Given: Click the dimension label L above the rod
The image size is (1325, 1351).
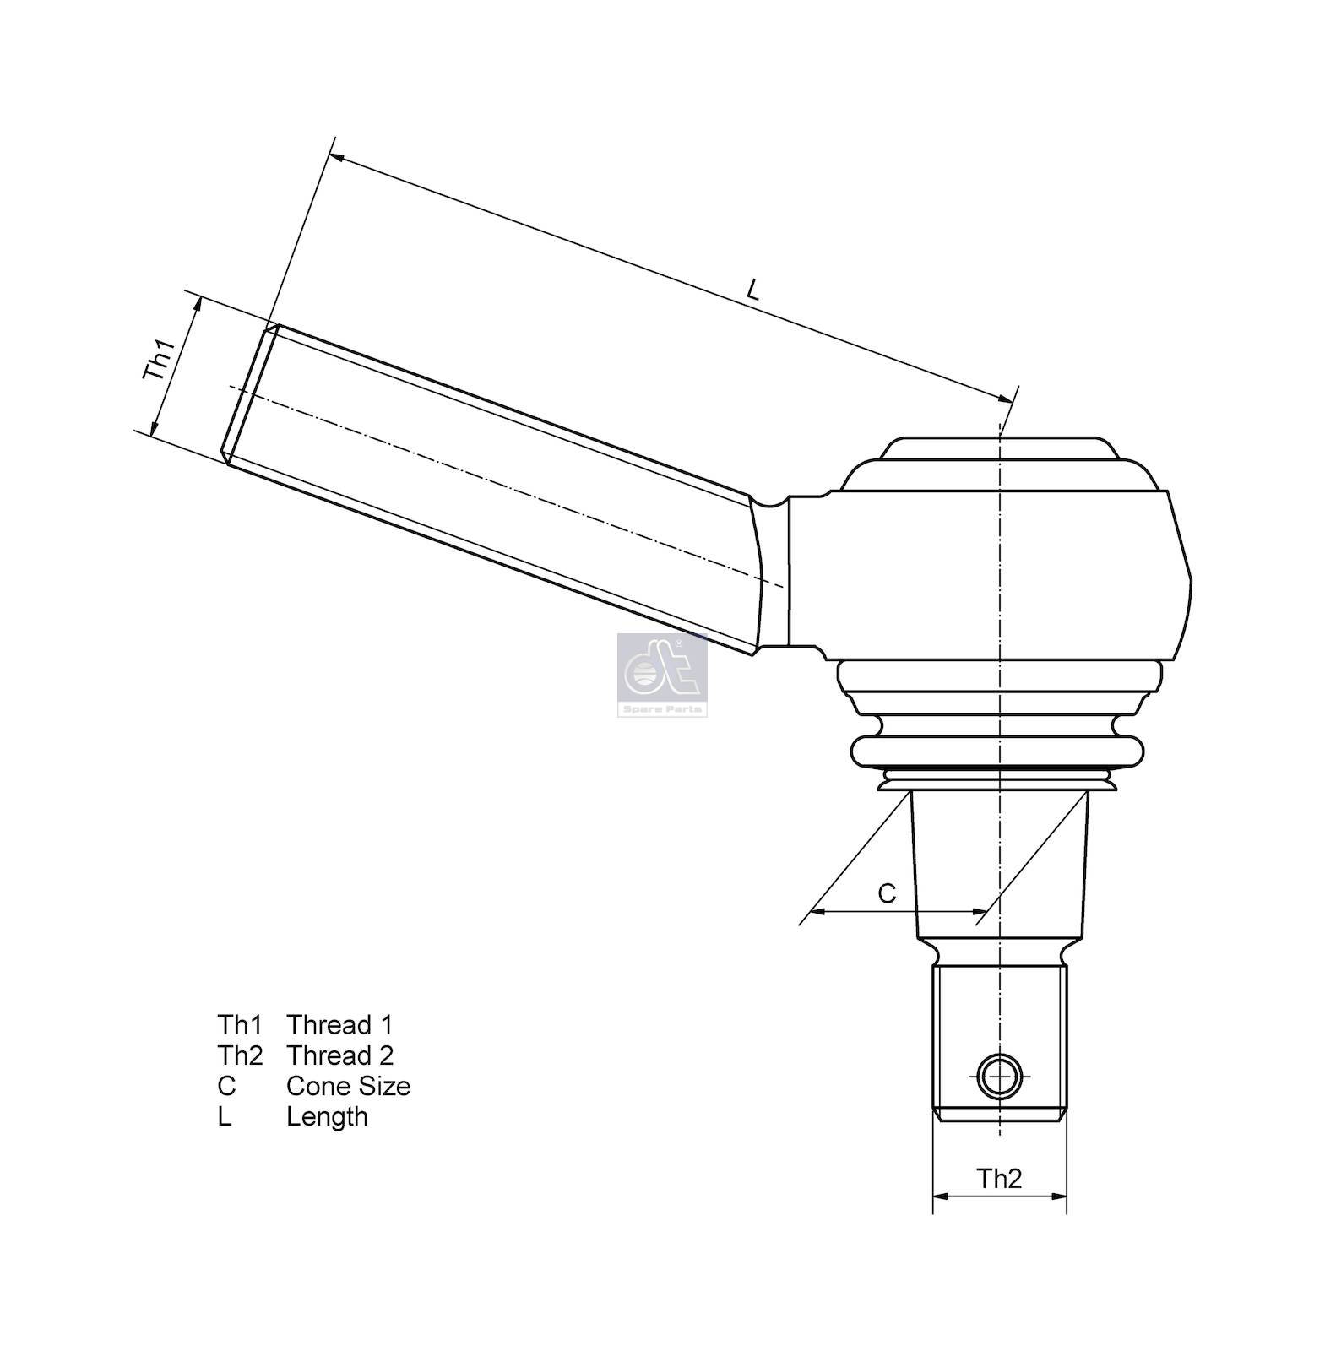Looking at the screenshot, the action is click(753, 290).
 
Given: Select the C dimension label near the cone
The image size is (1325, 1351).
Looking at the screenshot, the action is click(887, 893).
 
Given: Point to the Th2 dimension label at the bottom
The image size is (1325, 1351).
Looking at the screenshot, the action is click(999, 1178).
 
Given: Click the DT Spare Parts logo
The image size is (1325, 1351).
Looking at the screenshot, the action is click(662, 675).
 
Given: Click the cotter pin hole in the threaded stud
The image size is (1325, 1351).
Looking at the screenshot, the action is click(999, 1077).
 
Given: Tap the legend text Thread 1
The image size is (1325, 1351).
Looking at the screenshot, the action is click(339, 1025).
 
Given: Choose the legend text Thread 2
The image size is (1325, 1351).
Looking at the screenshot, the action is click(339, 1055).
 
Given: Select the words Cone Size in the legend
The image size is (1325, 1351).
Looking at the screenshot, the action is click(348, 1086).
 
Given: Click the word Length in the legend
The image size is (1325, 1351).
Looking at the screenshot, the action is click(327, 1117).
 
